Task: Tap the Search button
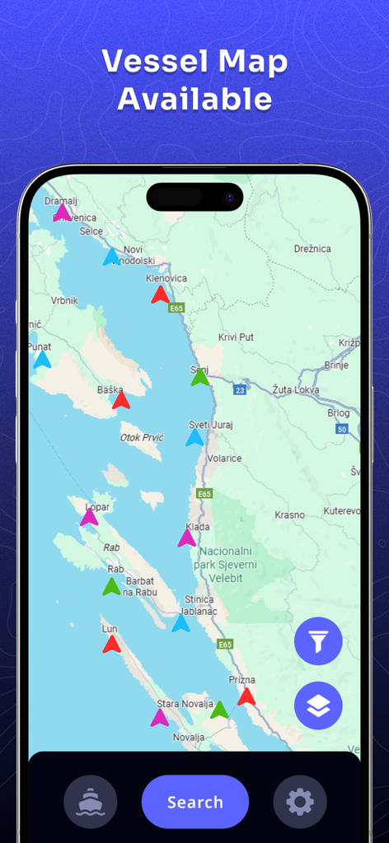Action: coord(194,802)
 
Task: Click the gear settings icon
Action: coord(300,802)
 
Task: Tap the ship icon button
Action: coord(91,802)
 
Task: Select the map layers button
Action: coord(318,706)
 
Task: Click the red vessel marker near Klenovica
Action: coord(160,295)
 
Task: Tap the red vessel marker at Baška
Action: coord(121,401)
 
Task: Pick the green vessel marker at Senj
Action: coord(199,378)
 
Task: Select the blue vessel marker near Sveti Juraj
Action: coord(194,438)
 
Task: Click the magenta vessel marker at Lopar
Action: coord(89,517)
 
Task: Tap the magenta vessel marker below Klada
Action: coord(187,538)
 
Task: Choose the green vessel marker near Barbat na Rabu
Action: coord(111,587)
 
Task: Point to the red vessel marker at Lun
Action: coord(111,645)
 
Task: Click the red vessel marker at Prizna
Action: coord(246,697)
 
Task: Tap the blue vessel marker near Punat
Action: coord(42,360)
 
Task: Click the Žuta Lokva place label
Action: coord(294,388)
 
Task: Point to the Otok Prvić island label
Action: coord(142,437)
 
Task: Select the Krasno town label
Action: coord(289,515)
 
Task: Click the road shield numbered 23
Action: coord(239,389)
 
